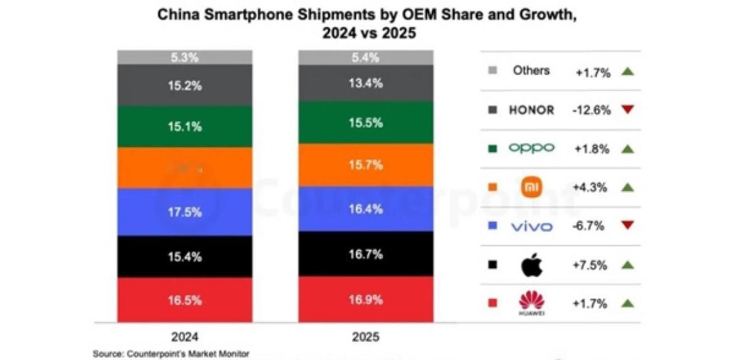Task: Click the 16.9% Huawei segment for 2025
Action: [x=366, y=300]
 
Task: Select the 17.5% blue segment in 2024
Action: [x=184, y=212]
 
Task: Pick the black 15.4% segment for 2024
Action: [x=184, y=257]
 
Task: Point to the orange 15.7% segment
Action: [x=366, y=165]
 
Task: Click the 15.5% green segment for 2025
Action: [x=366, y=124]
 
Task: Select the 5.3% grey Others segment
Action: [x=184, y=57]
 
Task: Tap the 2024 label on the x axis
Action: [x=184, y=336]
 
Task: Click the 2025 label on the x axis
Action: [x=366, y=336]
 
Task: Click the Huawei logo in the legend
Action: [x=531, y=304]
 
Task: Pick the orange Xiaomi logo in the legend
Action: [x=531, y=187]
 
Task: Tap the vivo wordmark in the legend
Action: [x=531, y=226]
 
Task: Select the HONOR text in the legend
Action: [x=531, y=110]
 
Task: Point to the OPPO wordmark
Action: [x=531, y=149]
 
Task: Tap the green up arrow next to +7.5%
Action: [x=627, y=265]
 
